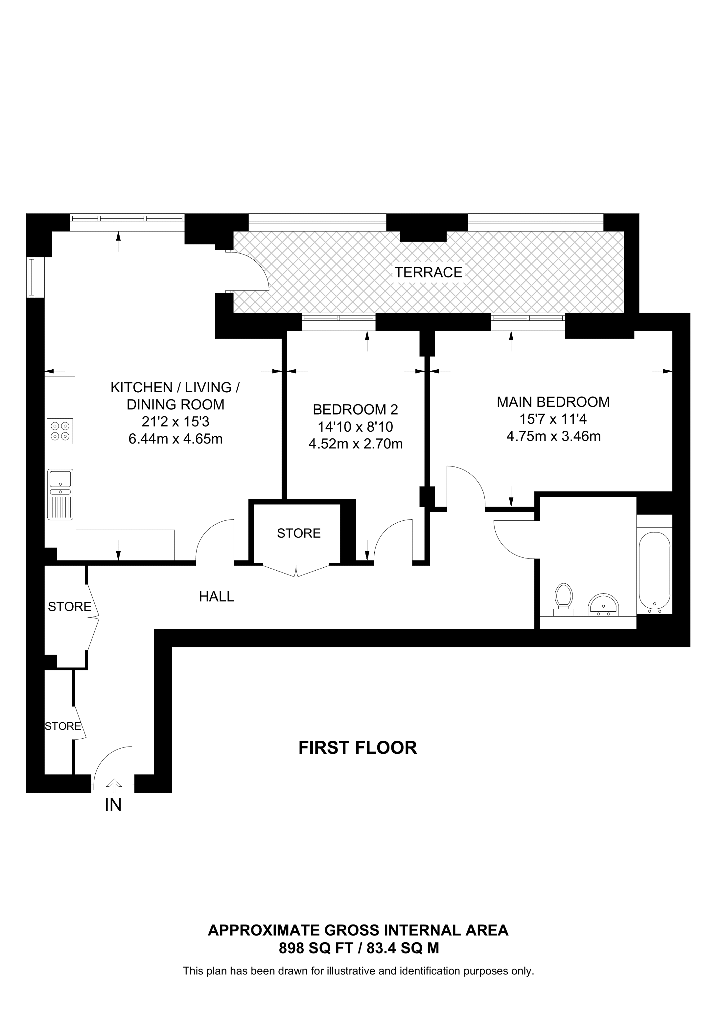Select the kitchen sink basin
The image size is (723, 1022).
coord(60,479)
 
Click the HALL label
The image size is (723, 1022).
coord(217,597)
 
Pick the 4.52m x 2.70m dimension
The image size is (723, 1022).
coord(356,444)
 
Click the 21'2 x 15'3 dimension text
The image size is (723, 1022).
coord(175,422)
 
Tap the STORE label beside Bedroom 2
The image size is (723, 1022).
coord(298,533)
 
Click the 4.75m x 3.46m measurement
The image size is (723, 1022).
coord(553,436)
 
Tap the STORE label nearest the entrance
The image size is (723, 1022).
coord(63,726)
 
